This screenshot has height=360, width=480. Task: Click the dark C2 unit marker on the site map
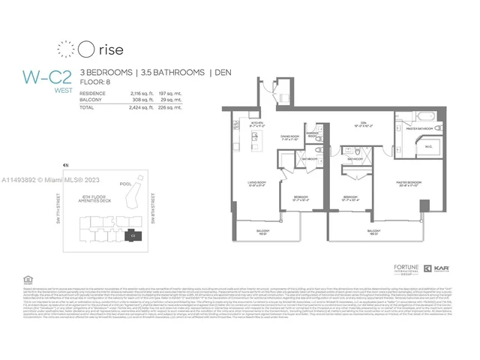click(133, 235)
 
